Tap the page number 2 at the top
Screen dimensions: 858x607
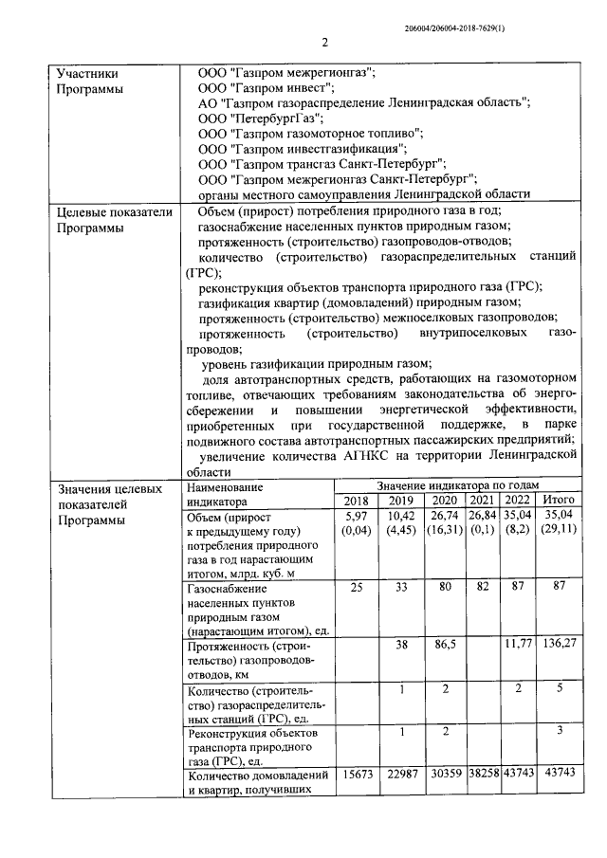[324, 43]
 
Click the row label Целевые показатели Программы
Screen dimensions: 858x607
[114, 220]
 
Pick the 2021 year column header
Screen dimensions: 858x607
[481, 501]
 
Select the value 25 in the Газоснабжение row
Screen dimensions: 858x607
[357, 588]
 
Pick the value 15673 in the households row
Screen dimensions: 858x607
[357, 775]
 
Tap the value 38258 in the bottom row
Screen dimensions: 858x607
[481, 775]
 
